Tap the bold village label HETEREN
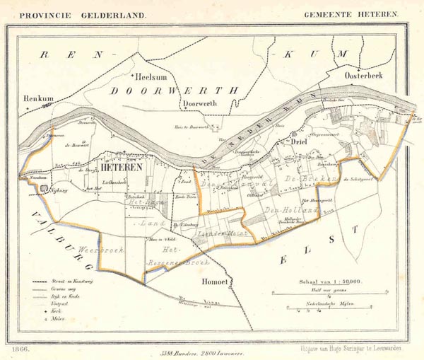click(x=122, y=168)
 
